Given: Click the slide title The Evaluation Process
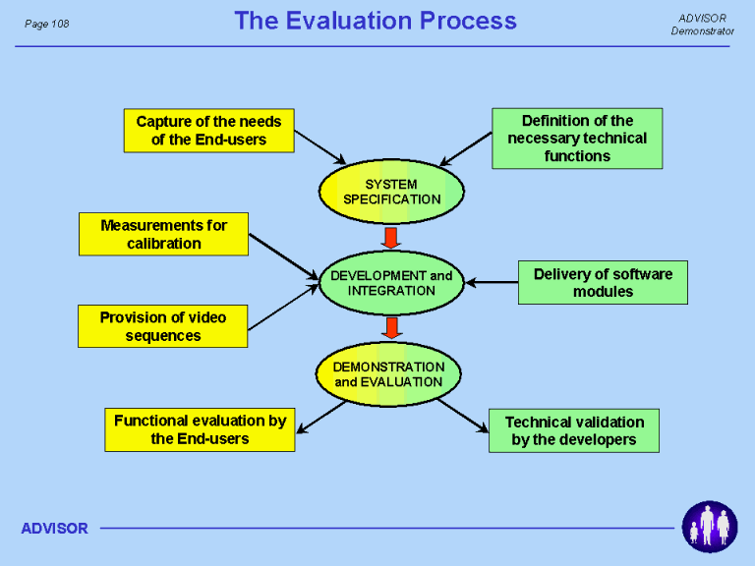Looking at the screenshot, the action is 376,21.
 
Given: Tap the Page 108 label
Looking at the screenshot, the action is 47,24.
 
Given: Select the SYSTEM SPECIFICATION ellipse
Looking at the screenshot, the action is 391,192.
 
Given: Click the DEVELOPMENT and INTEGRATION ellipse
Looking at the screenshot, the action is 391,283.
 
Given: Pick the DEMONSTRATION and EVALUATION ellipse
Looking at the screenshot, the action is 388,374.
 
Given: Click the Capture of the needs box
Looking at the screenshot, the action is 209,131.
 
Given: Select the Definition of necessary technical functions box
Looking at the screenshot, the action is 577,139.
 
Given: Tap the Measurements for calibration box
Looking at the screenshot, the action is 164,234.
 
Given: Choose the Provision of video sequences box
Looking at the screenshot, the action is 163,326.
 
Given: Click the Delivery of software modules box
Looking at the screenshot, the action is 603,283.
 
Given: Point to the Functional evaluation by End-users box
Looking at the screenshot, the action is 200,429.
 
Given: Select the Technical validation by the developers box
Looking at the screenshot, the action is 574,430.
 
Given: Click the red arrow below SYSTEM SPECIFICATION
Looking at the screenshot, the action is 391,238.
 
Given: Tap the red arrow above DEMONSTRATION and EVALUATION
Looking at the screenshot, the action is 392,328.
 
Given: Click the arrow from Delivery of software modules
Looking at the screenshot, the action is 492,283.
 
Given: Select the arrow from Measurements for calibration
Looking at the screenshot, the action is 284,256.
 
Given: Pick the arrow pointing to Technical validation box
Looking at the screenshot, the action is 463,416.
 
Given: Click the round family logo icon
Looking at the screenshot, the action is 710,527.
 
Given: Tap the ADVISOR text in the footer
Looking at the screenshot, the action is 55,529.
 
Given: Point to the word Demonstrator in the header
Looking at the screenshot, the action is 703,31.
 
